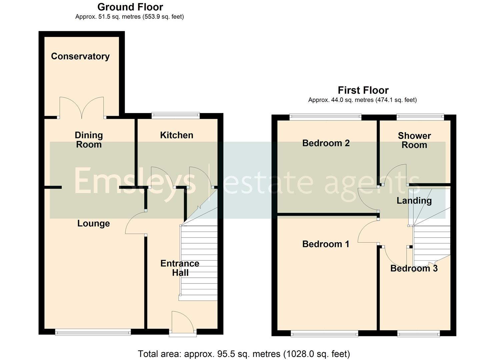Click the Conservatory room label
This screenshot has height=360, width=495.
[x=80, y=56]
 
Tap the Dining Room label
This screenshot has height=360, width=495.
[x=89, y=140]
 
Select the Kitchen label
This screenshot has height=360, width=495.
[x=176, y=135]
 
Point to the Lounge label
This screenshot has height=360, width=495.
[x=93, y=223]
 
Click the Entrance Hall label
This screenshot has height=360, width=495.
[x=180, y=268]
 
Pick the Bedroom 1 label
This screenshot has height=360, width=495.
[x=325, y=244]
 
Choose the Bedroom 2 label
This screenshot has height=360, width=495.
[x=326, y=143]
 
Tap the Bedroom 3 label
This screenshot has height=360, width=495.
[x=414, y=268]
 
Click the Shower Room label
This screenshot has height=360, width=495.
[x=414, y=140]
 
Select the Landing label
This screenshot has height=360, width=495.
[x=414, y=200]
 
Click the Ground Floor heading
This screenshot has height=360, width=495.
[x=130, y=7]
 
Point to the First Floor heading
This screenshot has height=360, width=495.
[x=363, y=90]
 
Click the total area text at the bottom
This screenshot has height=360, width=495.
[x=244, y=354]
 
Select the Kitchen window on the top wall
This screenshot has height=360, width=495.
[x=176, y=116]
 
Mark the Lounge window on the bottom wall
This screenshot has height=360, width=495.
[x=93, y=332]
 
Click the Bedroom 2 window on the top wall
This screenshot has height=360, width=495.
[x=325, y=117]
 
